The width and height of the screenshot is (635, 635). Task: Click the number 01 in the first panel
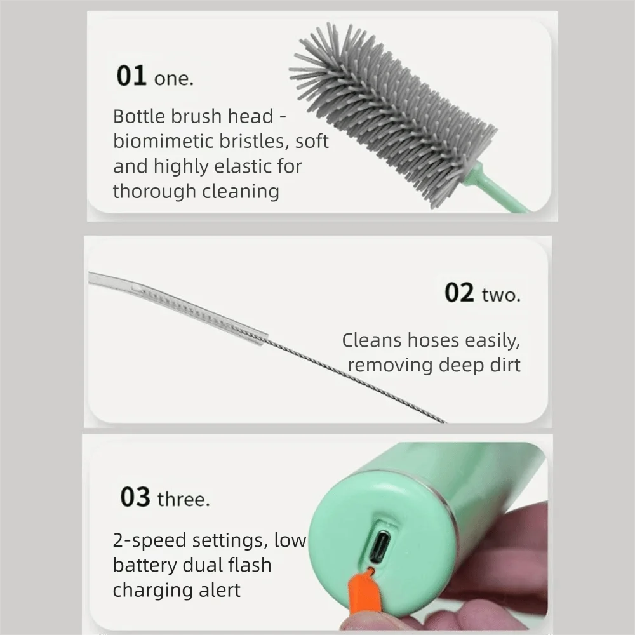coord(131,76)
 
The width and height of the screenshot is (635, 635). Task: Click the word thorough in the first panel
coord(151,191)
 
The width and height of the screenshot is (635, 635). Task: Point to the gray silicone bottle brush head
coord(394,114)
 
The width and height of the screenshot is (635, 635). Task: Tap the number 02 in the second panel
coord(459,293)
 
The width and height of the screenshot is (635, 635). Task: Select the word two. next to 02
coord(501,295)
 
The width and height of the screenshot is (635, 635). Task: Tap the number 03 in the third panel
coord(135,497)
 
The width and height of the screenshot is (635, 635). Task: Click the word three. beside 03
coord(184,499)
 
